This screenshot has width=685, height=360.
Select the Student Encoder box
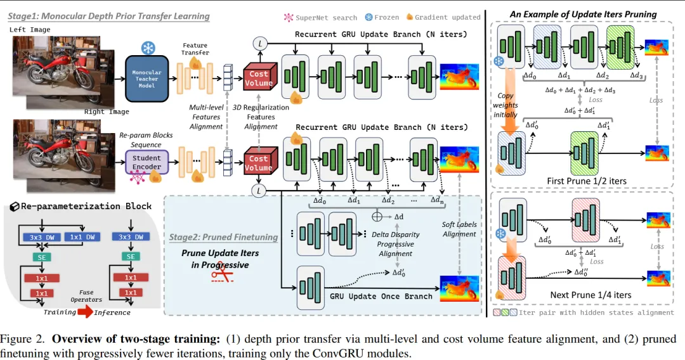(147, 162)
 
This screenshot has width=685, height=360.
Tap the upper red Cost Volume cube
(259, 78)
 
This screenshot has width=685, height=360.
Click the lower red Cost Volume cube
(258, 163)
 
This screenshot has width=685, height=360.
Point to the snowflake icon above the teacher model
(147, 48)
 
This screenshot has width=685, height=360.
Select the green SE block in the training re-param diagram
(39, 257)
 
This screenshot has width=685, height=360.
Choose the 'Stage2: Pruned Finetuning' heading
(223, 237)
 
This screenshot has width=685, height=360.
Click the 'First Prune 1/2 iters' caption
(587, 181)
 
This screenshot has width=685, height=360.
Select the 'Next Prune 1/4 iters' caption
(585, 295)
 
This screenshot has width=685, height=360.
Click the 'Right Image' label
(107, 112)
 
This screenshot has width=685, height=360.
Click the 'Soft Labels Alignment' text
(459, 229)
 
